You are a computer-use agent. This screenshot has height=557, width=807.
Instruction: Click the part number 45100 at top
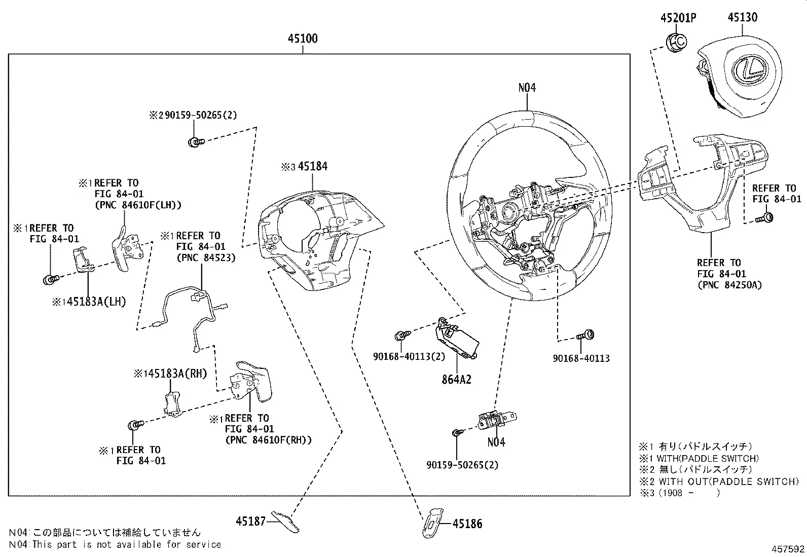click(303, 39)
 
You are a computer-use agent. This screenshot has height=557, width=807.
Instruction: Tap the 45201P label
click(678, 18)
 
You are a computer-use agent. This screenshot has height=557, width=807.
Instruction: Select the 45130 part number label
click(743, 17)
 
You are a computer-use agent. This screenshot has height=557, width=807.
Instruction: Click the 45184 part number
click(313, 166)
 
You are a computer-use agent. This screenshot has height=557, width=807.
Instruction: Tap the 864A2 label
click(456, 380)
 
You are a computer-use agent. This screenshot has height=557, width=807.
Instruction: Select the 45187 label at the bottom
click(251, 522)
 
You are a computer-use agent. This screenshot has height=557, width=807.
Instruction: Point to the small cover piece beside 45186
click(432, 523)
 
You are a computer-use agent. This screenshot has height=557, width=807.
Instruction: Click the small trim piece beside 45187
click(285, 522)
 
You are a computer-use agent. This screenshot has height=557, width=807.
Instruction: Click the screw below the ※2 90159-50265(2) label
click(196, 142)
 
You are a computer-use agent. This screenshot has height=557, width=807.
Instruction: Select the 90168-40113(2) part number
click(409, 357)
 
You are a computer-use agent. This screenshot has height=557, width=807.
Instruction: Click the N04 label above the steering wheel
click(527, 88)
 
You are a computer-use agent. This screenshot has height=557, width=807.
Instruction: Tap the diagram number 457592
click(788, 549)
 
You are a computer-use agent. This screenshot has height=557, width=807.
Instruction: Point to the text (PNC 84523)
click(206, 257)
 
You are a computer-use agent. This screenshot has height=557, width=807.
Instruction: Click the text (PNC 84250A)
click(729, 285)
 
